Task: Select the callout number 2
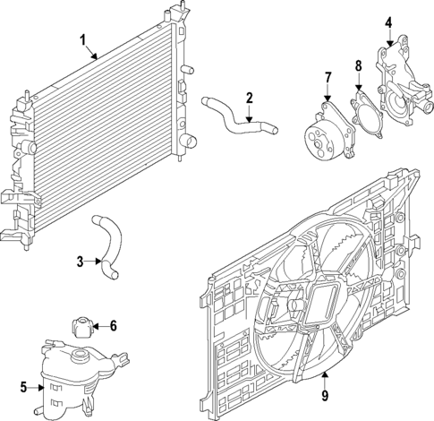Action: [250, 97]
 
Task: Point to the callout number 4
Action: [389, 23]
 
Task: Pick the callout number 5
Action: [24, 388]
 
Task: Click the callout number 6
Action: [113, 326]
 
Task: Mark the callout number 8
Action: [358, 65]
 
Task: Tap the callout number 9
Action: [325, 395]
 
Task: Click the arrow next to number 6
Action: [99, 326]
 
